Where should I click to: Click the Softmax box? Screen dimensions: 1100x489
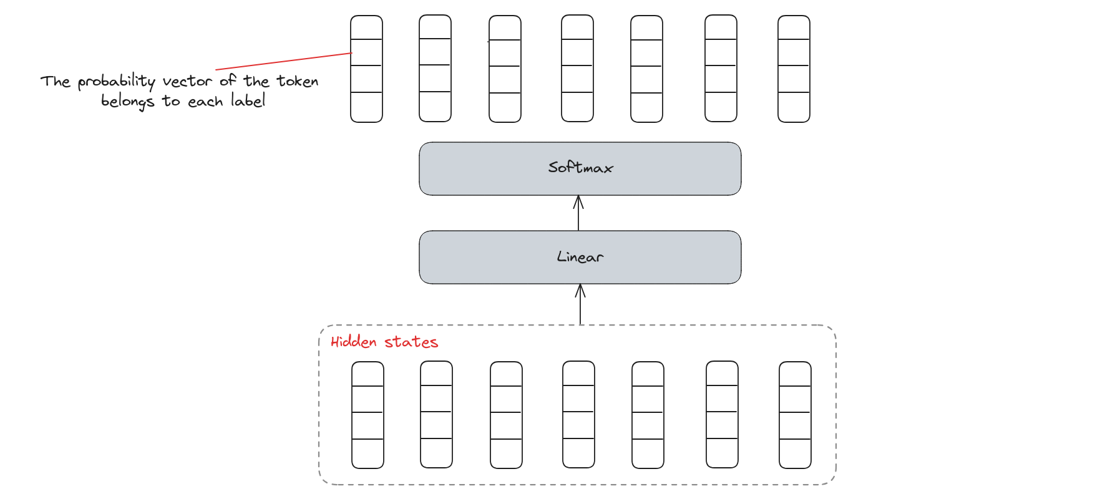(x=580, y=168)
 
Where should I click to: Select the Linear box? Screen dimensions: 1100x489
(x=580, y=257)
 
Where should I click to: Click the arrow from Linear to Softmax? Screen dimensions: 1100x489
(x=578, y=213)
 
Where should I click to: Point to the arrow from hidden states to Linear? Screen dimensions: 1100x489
(x=580, y=304)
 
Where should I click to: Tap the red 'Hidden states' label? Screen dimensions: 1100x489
(x=384, y=342)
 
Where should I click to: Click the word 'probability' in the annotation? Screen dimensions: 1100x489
(x=117, y=82)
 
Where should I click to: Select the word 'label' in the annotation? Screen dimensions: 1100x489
(x=248, y=100)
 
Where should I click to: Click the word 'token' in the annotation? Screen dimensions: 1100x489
(x=298, y=81)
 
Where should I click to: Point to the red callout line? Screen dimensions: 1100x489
(x=284, y=61)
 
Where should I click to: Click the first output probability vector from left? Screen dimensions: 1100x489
(x=366, y=69)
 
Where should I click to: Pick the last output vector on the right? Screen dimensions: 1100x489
(x=794, y=69)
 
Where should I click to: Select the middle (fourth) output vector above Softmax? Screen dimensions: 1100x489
(x=577, y=69)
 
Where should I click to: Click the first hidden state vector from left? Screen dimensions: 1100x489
(x=367, y=415)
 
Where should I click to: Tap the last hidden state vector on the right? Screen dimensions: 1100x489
(x=795, y=415)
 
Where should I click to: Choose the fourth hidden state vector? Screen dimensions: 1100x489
(x=578, y=414)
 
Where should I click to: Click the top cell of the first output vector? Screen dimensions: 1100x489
(x=366, y=27)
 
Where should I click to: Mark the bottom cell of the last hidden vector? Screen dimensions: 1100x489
(x=795, y=453)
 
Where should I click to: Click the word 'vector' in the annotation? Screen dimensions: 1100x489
(x=187, y=81)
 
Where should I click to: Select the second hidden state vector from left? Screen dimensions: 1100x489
(x=436, y=414)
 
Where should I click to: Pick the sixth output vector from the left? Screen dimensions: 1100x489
(x=721, y=68)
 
